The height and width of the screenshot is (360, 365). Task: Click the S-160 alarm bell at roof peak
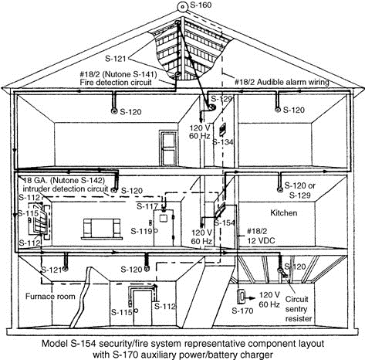coord(182,6)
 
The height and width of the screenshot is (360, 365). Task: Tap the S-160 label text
coord(201,5)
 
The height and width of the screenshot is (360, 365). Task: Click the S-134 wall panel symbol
coord(222,129)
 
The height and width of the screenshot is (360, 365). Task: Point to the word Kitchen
coord(284,213)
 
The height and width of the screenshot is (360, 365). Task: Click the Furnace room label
coord(50,297)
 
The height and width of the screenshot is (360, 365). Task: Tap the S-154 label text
coord(225,223)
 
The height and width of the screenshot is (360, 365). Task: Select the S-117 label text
coord(147,206)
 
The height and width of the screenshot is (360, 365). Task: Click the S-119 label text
coord(141,231)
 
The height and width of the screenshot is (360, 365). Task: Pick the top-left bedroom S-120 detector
coord(113,111)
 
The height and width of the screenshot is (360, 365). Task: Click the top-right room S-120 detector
coord(278,110)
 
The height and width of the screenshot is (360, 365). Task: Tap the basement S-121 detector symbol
coord(66,269)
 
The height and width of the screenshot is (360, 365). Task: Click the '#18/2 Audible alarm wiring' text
coord(282,82)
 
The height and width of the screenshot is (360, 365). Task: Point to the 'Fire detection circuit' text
coord(116,83)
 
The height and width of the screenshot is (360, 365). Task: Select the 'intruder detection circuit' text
coord(66,188)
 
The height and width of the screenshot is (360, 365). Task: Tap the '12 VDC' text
coord(261,241)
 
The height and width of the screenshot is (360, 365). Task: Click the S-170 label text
coord(242,311)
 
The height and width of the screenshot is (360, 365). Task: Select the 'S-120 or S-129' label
coord(300,190)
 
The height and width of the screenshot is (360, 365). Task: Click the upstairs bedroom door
coord(169,148)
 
